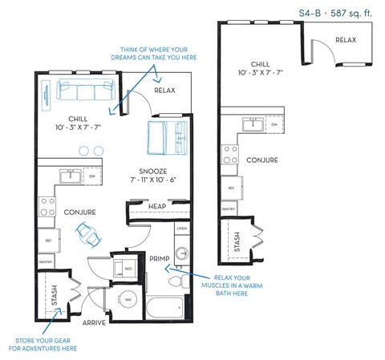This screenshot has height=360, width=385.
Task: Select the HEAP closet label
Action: (x=158, y=207)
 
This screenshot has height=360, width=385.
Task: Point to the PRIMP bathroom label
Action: (x=159, y=258)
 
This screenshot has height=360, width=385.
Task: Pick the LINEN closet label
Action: (x=182, y=229)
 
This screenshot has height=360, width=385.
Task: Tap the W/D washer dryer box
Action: (x=127, y=268)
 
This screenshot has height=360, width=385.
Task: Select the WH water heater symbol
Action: (x=128, y=301)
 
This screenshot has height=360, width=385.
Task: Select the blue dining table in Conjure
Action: (x=87, y=234)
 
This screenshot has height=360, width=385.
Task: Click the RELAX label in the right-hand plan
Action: (x=346, y=39)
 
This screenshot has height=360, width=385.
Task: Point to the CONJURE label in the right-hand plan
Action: (x=262, y=160)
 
